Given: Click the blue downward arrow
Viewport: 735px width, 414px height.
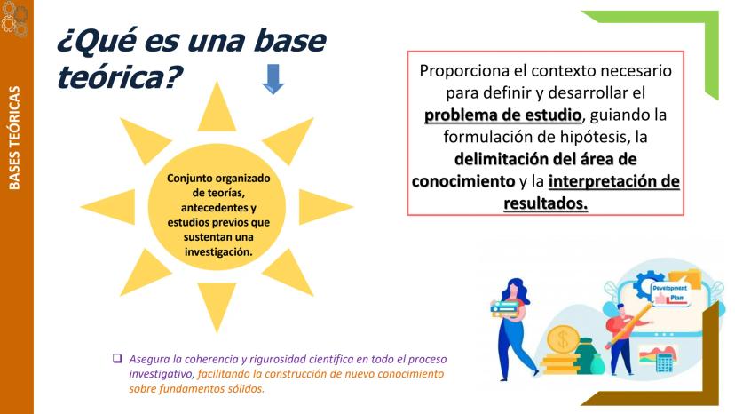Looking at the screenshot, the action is [273, 79].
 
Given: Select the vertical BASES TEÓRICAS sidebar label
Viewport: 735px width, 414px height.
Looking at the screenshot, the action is [14, 138].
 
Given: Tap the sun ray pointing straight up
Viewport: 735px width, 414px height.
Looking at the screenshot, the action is [217, 107].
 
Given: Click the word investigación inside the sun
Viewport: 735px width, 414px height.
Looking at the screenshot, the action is [218, 251].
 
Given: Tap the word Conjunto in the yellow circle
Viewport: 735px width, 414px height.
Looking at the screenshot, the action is [187, 179].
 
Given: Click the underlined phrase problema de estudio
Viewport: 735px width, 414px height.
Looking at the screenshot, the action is [502, 115].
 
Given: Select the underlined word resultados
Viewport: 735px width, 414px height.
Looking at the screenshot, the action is [546, 203].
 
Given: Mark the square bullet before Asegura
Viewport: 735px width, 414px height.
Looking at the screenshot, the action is [117, 359].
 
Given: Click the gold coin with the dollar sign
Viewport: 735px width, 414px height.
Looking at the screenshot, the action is [563, 339].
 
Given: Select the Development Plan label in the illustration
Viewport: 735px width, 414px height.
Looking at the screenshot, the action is [670, 293].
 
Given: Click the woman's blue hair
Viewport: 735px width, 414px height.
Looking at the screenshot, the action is [518, 291].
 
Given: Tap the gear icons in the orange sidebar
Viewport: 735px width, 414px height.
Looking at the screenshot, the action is [14, 19].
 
